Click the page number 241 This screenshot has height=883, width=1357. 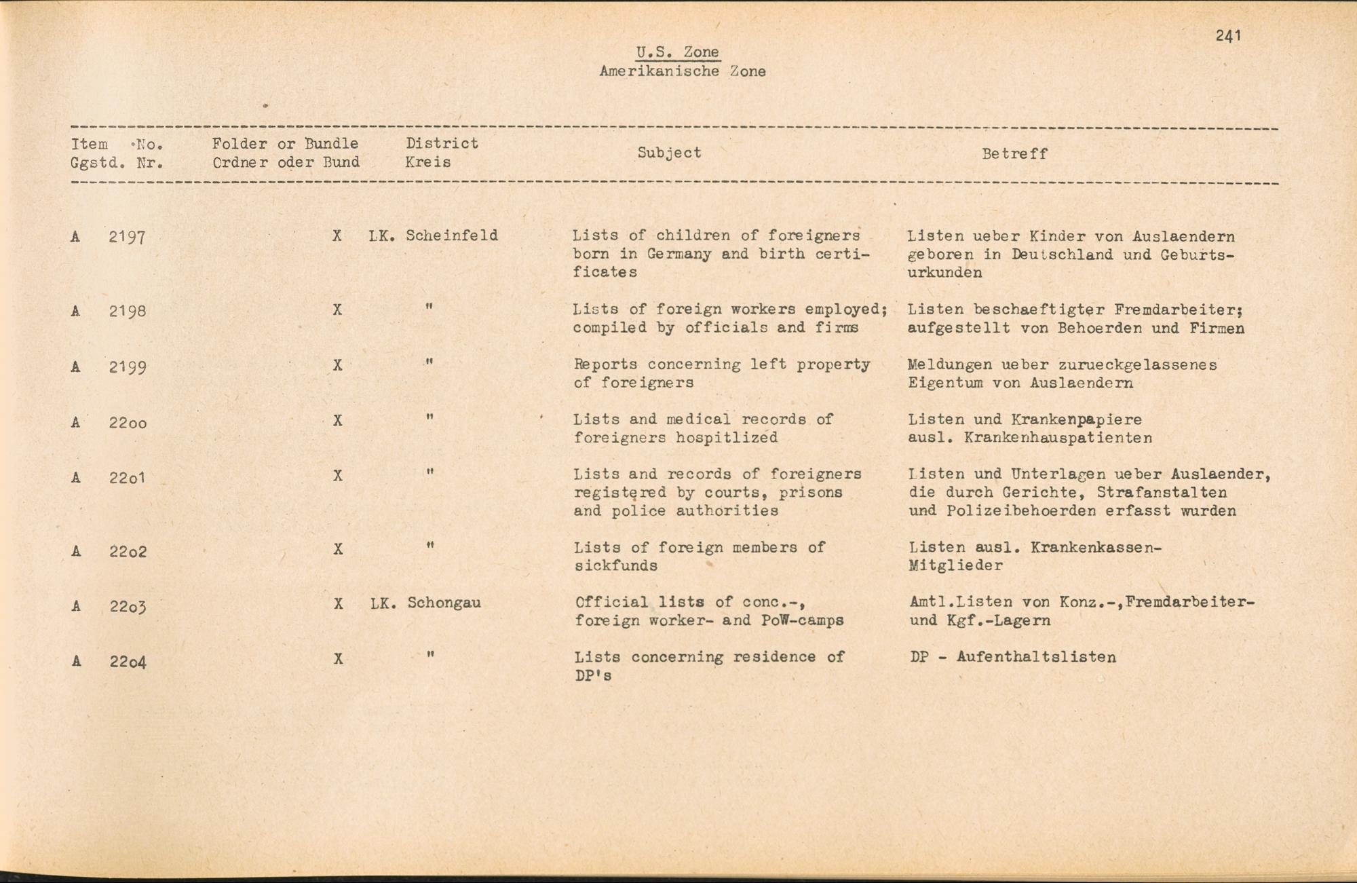click(x=1228, y=36)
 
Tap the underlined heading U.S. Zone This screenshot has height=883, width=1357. click(x=677, y=52)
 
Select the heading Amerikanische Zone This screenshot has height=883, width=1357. click(x=682, y=71)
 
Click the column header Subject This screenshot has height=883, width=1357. click(x=669, y=153)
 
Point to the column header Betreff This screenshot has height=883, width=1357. click(x=1014, y=154)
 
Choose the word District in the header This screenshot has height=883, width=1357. click(x=442, y=143)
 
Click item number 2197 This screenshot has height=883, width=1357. click(x=127, y=238)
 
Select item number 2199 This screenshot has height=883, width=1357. click(x=127, y=367)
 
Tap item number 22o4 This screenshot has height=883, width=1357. click(x=128, y=661)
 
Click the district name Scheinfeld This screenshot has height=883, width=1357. click(x=452, y=236)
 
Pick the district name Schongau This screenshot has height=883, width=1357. click(x=444, y=603)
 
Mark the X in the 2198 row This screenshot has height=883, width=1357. click(x=337, y=310)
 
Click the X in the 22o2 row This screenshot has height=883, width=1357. click(x=338, y=549)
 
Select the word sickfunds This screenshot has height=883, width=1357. click(x=615, y=566)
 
